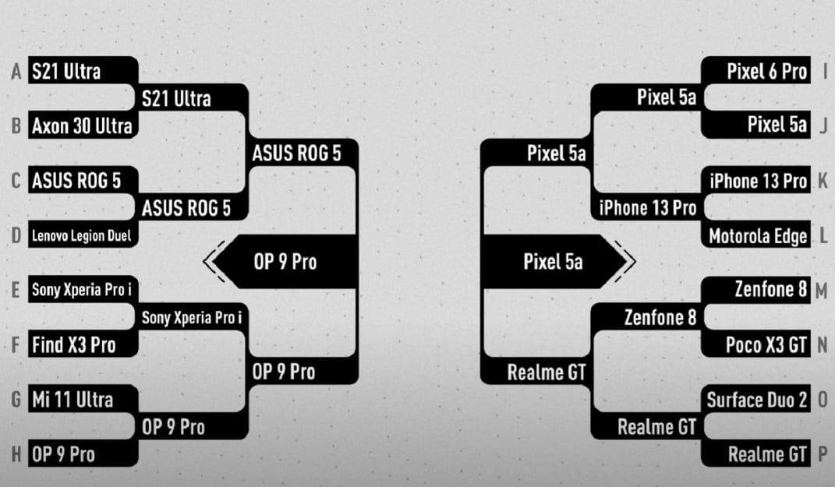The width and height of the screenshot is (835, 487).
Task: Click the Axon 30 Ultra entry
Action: tap(83, 125)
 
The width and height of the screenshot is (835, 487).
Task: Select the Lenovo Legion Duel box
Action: tap(83, 235)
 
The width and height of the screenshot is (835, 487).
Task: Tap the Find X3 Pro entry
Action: tap(83, 344)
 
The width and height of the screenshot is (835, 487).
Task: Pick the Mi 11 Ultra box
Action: tap(83, 399)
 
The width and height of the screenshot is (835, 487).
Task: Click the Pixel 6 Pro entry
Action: tap(755, 71)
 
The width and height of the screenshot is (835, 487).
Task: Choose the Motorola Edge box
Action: tap(755, 235)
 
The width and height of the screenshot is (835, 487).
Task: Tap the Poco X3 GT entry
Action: tap(755, 344)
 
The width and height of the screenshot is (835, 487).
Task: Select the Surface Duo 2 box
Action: tap(755, 399)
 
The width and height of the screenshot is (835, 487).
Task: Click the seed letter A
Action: tap(16, 72)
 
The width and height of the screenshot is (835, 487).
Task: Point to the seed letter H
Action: tap(16, 454)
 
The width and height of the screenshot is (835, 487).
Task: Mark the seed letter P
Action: tap(823, 454)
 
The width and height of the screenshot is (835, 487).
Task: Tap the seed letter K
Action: tap(823, 181)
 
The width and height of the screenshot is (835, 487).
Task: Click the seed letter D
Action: tap(16, 235)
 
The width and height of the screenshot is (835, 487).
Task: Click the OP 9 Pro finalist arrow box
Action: tap(285, 261)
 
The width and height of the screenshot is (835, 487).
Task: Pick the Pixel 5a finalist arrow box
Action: tap(554, 261)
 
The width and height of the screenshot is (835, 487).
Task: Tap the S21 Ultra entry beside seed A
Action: tap(83, 71)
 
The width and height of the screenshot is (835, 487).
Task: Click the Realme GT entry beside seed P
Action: tap(755, 454)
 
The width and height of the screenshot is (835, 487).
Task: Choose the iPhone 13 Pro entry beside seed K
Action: tap(755, 181)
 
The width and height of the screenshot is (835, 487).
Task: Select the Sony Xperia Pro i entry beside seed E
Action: tap(83, 290)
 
